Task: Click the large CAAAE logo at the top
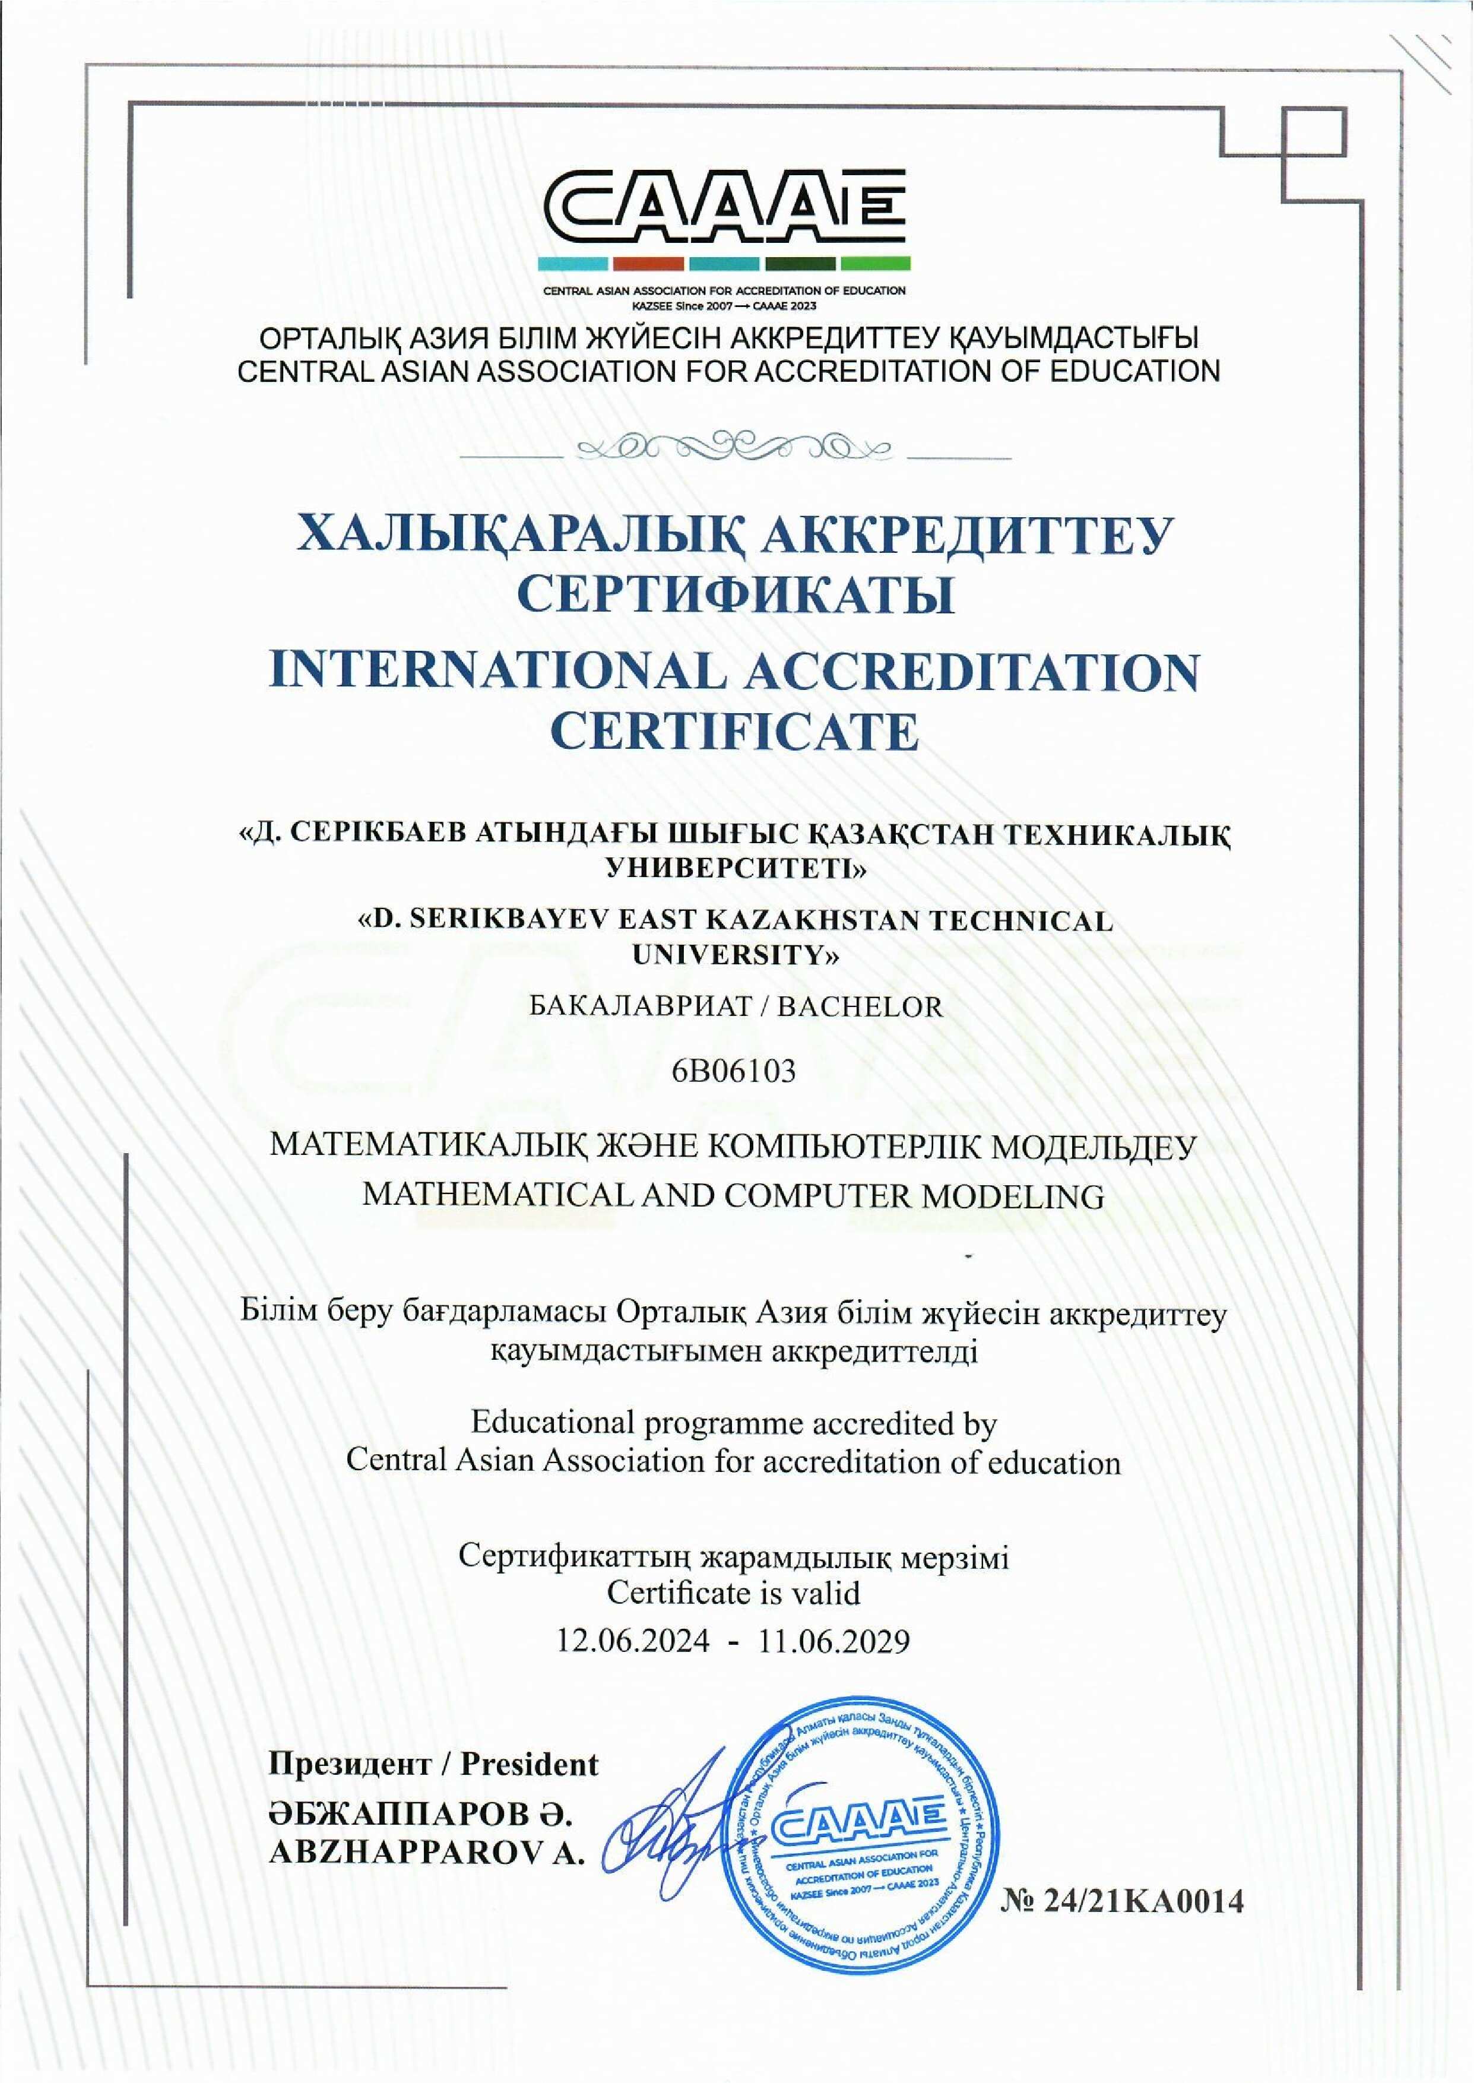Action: (x=724, y=211)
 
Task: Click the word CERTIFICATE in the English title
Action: (x=735, y=733)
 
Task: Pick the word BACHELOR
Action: (x=860, y=1006)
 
